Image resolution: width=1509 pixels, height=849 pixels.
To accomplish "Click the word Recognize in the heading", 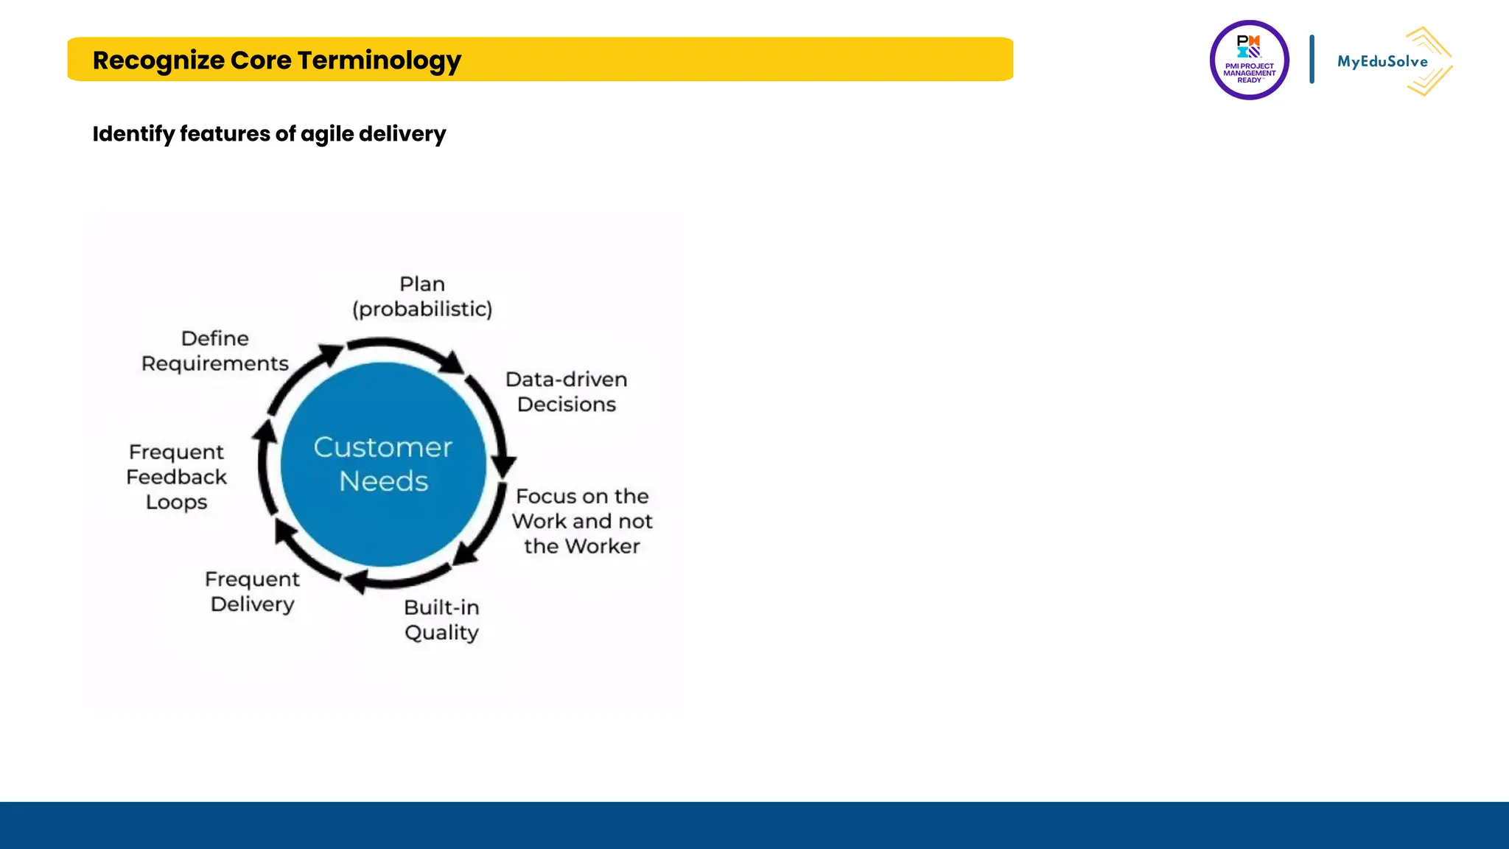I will pyautogui.click(x=158, y=60).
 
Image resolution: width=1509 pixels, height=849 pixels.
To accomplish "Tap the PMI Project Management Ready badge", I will pyautogui.click(x=1249, y=60).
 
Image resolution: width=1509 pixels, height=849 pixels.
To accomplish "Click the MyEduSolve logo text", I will pyautogui.click(x=1382, y=62).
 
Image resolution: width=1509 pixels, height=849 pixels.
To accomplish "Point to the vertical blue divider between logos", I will pyautogui.click(x=1312, y=59).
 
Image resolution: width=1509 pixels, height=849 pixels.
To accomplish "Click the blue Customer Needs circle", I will pyautogui.click(x=383, y=464).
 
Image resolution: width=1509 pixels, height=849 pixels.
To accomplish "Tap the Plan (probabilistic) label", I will pyautogui.click(x=422, y=296).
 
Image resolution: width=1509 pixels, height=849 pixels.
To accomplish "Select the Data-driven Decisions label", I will pyautogui.click(x=566, y=391).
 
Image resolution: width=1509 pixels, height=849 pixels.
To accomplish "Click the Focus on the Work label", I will pyautogui.click(x=582, y=521).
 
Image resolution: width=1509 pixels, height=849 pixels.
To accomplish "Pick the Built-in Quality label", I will pyautogui.click(x=441, y=620).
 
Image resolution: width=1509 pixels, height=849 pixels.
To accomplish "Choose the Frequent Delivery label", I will pyautogui.click(x=252, y=591).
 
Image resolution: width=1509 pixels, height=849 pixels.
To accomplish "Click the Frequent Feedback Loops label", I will pyautogui.click(x=176, y=477).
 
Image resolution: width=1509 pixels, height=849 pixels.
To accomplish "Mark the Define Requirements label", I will pyautogui.click(x=214, y=351).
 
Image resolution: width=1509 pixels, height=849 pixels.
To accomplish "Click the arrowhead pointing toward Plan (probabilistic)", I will pyautogui.click(x=331, y=352).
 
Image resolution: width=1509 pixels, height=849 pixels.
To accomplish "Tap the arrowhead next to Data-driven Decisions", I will pyautogui.click(x=452, y=362).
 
